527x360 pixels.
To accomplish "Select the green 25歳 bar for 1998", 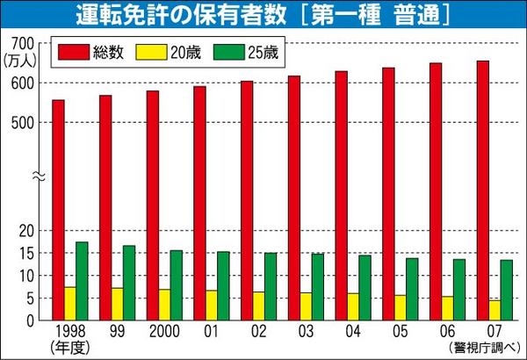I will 82,280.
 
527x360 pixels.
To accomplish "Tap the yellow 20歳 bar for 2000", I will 164,304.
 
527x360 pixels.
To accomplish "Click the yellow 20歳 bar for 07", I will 495,310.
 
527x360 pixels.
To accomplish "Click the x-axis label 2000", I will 164,331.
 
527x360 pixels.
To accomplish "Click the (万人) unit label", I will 18,60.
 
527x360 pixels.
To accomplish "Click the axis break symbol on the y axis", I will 38,175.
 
